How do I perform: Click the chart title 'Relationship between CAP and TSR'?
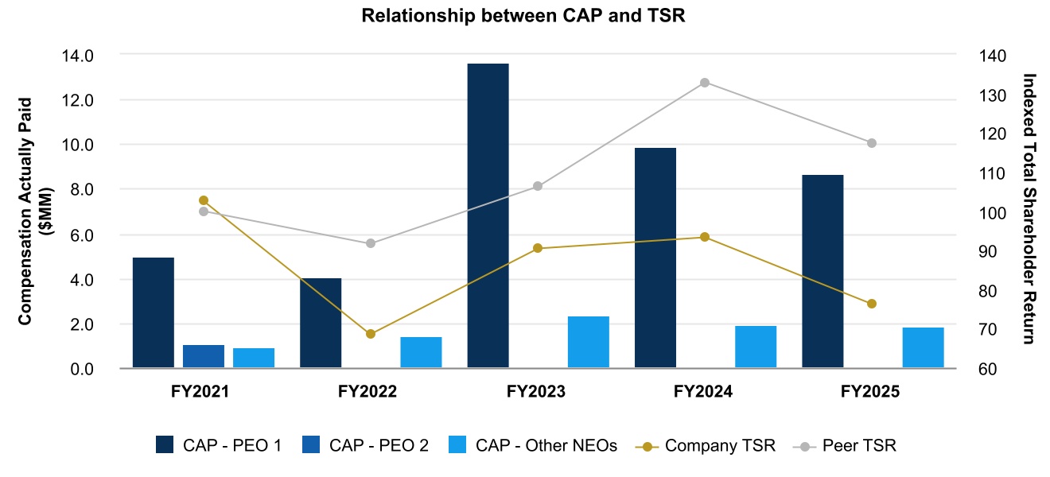tap(523, 15)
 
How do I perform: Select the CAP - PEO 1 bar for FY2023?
tap(488, 215)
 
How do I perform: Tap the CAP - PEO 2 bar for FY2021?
tap(204, 356)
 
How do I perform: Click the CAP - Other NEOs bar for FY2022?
tap(421, 352)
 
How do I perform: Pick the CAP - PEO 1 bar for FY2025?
tap(822, 271)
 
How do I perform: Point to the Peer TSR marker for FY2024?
tap(704, 83)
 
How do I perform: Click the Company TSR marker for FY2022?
tap(371, 334)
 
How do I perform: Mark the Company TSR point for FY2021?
tap(204, 200)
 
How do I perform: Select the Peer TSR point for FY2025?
tap(871, 143)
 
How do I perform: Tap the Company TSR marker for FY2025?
tap(871, 304)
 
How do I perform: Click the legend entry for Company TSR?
tap(706, 445)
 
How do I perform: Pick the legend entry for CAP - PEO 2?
tap(367, 445)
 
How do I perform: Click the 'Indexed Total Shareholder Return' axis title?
tap(1029, 208)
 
